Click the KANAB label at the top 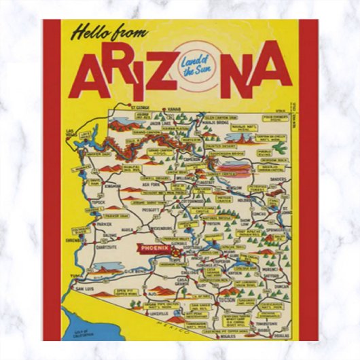tap(175, 108)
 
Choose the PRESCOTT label tap(151, 210)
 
